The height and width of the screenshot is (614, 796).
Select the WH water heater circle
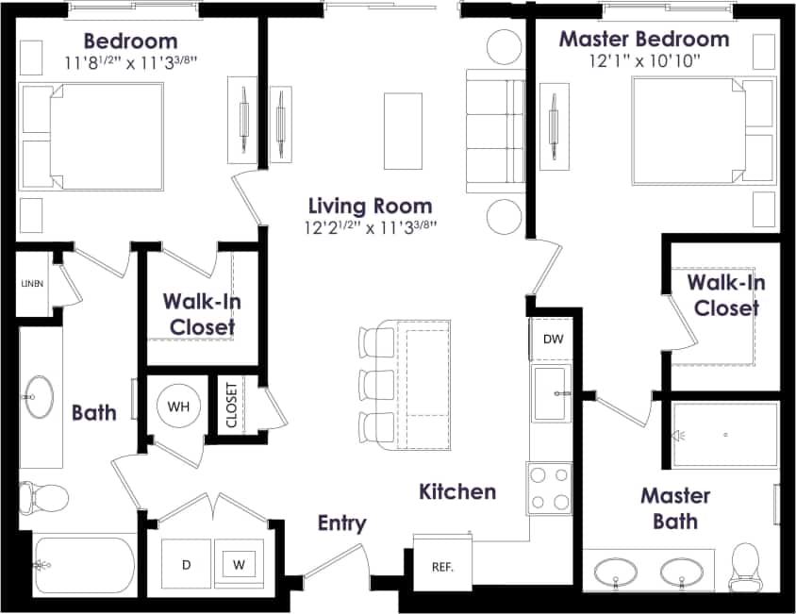click(178, 407)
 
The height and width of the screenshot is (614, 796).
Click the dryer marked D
click(186, 565)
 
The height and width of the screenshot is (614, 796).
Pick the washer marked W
click(240, 565)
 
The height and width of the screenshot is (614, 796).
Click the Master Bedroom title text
click(643, 40)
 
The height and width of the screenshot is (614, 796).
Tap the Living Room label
click(371, 206)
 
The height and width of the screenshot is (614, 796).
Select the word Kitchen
click(457, 491)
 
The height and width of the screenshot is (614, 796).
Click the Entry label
click(341, 523)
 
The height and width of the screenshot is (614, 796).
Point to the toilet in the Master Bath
click(746, 567)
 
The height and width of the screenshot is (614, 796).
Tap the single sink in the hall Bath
click(40, 395)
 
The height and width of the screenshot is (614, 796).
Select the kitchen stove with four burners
click(550, 488)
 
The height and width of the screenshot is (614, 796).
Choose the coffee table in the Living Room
click(404, 130)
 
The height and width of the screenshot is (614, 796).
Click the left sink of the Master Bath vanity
click(619, 572)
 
